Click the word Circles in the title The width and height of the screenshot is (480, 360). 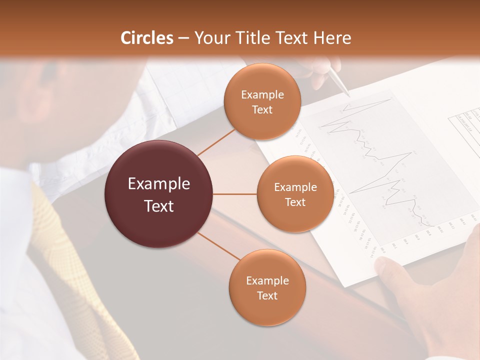pos(146,38)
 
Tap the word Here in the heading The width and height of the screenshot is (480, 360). pos(332,38)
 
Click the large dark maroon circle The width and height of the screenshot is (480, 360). pos(158,194)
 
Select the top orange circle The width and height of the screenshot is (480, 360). pos(262,101)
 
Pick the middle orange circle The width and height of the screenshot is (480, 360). pos(295,194)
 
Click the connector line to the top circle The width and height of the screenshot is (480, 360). pos(216,140)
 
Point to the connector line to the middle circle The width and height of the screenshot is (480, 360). pos(235,194)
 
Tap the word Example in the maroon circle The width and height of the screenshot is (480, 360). pos(158,184)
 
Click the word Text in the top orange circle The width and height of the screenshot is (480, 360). pos(262,110)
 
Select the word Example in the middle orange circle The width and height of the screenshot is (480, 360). pos(295,187)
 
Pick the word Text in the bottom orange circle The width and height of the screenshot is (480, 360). pos(267,295)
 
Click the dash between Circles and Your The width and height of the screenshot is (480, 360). pos(183,38)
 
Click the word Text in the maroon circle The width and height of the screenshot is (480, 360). pos(158,206)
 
